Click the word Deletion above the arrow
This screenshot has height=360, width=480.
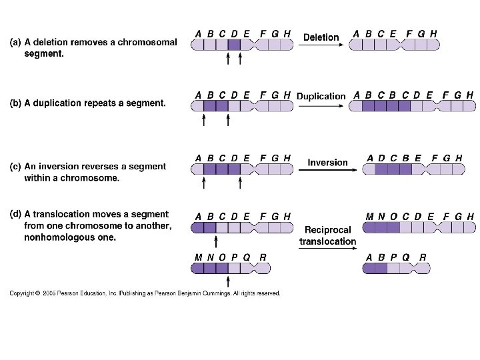coord(321,37)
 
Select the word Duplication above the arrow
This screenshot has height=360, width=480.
coord(321,97)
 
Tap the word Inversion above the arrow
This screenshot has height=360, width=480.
coord(327,162)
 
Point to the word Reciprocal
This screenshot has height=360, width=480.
coord(327,230)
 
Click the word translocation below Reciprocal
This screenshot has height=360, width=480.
coord(327,241)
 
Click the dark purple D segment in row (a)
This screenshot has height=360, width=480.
coord(234,45)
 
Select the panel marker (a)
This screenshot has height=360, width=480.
coord(15,42)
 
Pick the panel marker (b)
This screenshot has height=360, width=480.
coord(15,103)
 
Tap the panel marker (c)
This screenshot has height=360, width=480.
coord(15,167)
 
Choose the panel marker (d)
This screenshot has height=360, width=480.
coord(15,214)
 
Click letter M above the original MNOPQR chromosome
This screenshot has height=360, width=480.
coord(199,257)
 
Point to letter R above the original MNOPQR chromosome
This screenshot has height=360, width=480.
coord(263,257)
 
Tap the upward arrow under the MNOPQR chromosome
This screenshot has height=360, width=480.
coord(228,281)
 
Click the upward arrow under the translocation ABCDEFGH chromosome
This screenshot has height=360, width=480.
coord(216,241)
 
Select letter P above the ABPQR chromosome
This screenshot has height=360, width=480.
coord(393,257)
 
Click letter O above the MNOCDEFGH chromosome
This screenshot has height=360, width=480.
coord(394,217)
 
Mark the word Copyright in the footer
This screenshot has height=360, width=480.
coord(22,293)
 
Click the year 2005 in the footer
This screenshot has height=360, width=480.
coord(49,293)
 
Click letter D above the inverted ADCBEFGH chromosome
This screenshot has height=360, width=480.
coord(381,158)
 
